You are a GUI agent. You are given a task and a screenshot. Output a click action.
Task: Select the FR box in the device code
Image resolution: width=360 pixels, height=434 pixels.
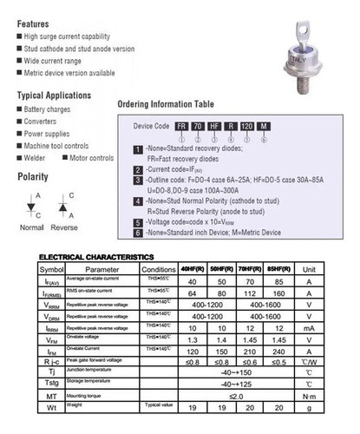pos(182,127)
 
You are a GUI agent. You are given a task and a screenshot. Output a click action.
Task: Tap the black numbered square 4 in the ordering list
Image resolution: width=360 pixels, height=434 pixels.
pos(138,201)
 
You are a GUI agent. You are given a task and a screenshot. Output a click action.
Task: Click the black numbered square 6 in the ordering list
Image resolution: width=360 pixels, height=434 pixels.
pos(138,233)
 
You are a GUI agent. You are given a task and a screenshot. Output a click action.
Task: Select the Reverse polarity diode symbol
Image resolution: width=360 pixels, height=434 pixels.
pos(63,205)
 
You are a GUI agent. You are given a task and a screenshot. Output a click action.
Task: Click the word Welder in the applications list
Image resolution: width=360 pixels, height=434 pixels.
pos(39,158)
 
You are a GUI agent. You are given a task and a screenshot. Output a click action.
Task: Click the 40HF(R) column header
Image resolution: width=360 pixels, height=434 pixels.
pos(193,269)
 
